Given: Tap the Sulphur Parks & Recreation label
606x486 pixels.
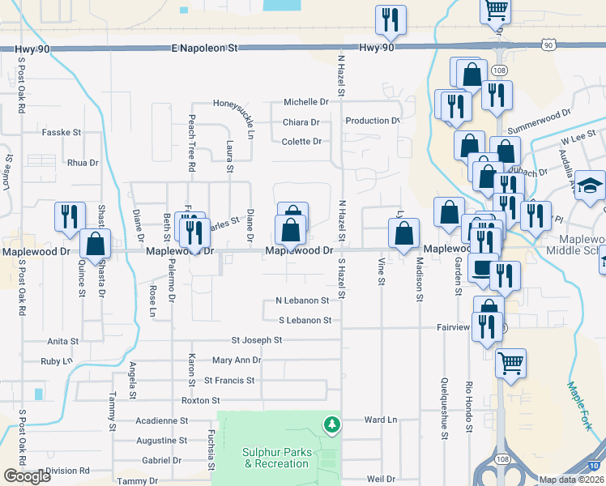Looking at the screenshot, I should tap(275, 458).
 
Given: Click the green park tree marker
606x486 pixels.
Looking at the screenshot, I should tap(331, 424).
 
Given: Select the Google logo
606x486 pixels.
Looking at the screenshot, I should tap(27, 476).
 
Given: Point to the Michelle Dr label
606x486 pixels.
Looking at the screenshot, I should tap(305, 102).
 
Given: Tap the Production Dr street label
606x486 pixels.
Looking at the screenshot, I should tap(372, 121).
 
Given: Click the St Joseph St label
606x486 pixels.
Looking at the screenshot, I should tap(256, 340).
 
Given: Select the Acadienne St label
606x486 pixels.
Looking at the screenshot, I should tap(161, 421).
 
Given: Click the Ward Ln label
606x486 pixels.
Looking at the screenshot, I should tap(380, 420).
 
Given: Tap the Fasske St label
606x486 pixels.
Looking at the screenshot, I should tap(62, 131).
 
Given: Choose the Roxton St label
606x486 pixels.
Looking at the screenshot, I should tap(200, 400).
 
